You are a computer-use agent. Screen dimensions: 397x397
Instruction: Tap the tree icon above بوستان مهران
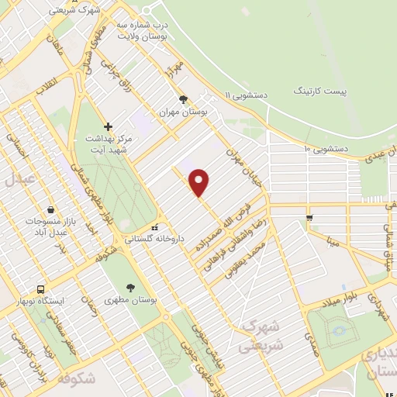click(x=184, y=99)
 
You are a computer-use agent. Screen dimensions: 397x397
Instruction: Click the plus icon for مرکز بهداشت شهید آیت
click(x=109, y=126)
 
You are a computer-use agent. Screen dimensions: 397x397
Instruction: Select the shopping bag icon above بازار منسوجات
click(x=50, y=209)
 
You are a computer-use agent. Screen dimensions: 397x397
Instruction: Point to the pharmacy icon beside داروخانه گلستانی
click(x=155, y=227)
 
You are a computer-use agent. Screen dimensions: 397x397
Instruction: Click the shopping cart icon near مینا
click(x=309, y=217)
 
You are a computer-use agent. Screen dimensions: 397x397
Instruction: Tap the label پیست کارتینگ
click(x=320, y=91)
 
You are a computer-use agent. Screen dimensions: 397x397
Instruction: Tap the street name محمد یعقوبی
click(x=245, y=259)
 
